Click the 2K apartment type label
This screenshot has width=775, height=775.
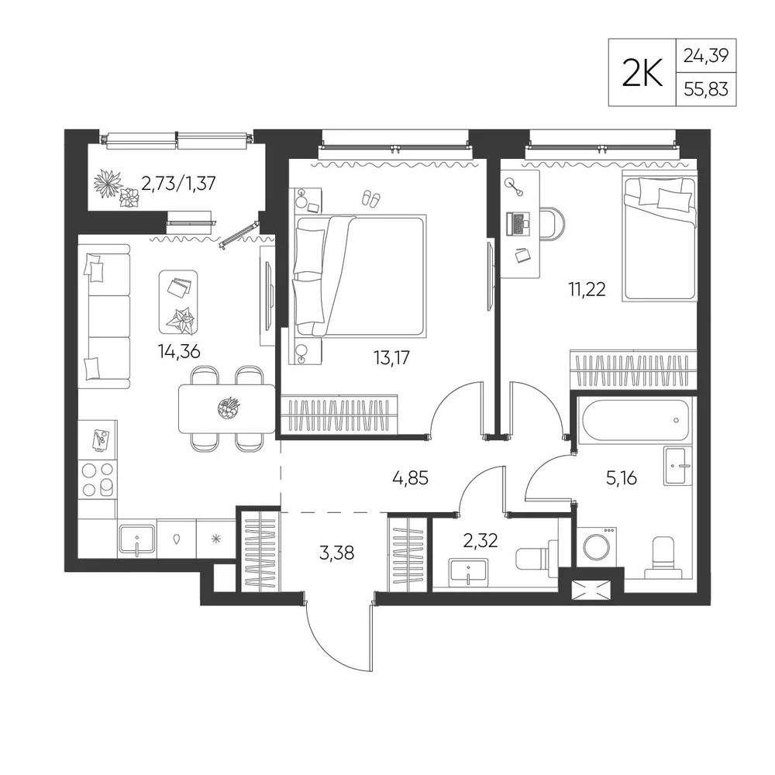(x=642, y=73)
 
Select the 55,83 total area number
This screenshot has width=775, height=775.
(x=706, y=89)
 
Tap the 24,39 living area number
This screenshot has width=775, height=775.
(x=706, y=55)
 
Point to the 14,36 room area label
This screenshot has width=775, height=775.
(x=179, y=351)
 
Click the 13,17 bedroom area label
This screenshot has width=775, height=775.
(x=392, y=357)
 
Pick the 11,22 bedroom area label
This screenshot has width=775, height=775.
(x=587, y=289)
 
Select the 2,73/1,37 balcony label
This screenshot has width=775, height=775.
(x=178, y=184)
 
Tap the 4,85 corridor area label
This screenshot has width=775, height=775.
(x=410, y=478)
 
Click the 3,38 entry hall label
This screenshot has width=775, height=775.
(x=336, y=553)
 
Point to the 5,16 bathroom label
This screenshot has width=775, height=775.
(x=622, y=478)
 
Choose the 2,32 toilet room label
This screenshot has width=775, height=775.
(x=480, y=541)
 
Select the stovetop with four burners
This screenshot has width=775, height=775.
(x=98, y=480)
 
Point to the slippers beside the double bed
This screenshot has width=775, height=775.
(x=370, y=198)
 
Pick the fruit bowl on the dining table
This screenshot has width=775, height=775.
(x=229, y=408)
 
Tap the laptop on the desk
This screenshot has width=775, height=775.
(x=518, y=223)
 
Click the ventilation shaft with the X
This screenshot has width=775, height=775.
(x=591, y=590)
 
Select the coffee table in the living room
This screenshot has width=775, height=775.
(x=178, y=301)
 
